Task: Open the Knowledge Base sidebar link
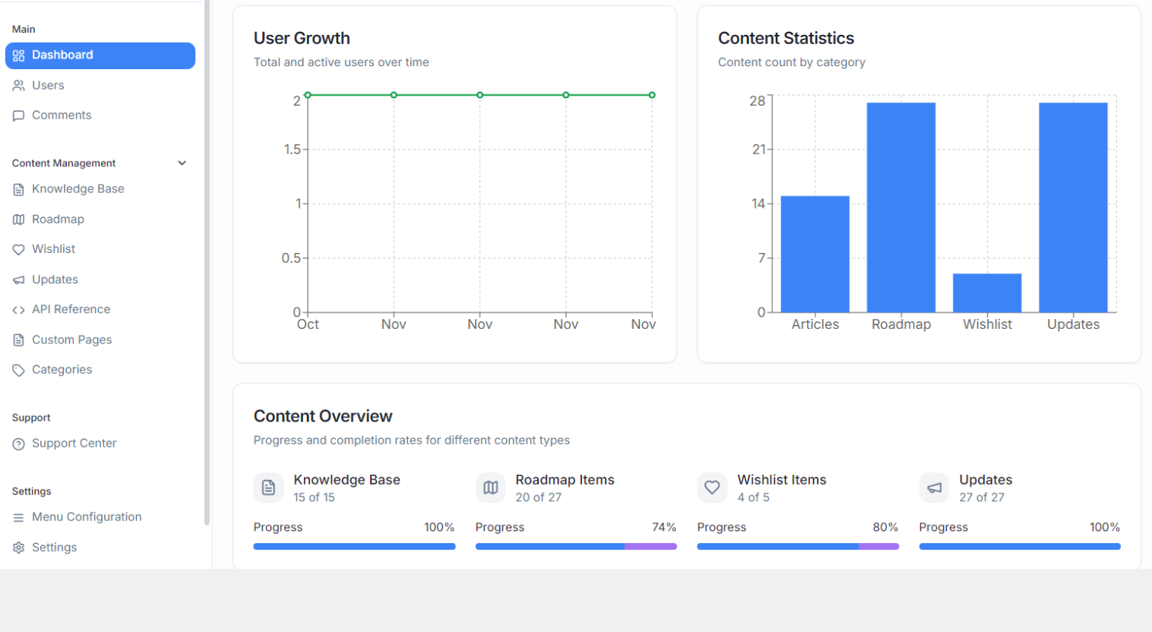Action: (78, 189)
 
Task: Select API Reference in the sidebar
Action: (71, 309)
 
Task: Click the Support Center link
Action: (74, 444)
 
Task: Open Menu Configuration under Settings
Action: (86, 517)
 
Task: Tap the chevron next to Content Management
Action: (182, 163)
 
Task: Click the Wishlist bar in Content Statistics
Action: (987, 293)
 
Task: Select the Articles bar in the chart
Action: (815, 254)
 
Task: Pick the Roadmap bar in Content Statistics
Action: (901, 207)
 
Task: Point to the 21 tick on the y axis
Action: (759, 150)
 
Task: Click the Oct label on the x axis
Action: (308, 324)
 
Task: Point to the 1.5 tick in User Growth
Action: (293, 150)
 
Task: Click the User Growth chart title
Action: (302, 39)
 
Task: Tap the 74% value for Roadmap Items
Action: (663, 527)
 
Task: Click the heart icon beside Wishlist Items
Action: (712, 488)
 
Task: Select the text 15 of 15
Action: (314, 498)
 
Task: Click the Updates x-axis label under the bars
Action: (1073, 324)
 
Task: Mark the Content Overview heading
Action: (323, 416)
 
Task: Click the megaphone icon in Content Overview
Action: (934, 488)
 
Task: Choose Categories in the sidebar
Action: (62, 370)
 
